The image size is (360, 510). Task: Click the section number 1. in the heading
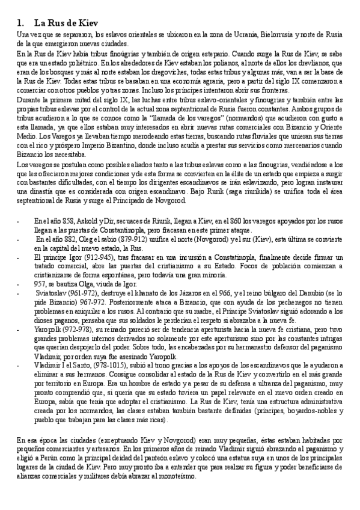(21, 23)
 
